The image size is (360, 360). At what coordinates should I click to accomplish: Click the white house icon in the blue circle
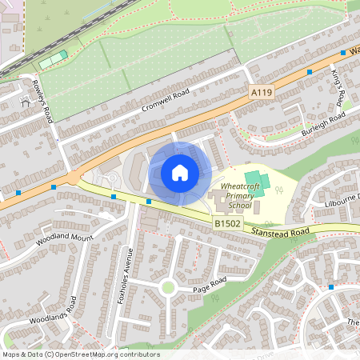(x=179, y=172)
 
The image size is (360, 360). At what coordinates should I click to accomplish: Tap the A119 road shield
(x=261, y=94)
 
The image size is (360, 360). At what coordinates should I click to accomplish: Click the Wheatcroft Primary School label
(x=233, y=201)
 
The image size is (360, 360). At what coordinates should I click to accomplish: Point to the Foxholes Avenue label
(x=123, y=271)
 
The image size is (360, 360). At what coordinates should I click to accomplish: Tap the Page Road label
(x=209, y=281)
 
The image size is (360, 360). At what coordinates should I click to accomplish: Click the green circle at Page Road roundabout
(x=167, y=286)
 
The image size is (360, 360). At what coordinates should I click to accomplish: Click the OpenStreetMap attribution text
(x=80, y=354)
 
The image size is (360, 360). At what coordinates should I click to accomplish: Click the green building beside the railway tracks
(x=54, y=59)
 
